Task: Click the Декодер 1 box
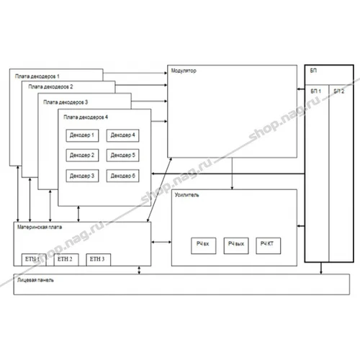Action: (81, 135)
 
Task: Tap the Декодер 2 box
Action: (81, 155)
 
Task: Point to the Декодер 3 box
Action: (81, 175)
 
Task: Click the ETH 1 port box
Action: (33, 258)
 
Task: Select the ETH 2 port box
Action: (66, 258)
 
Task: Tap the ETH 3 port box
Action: (98, 258)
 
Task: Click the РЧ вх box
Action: (202, 245)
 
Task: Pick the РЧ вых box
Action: (236, 245)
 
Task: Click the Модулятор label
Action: (184, 71)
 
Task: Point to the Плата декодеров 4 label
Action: (86, 116)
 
